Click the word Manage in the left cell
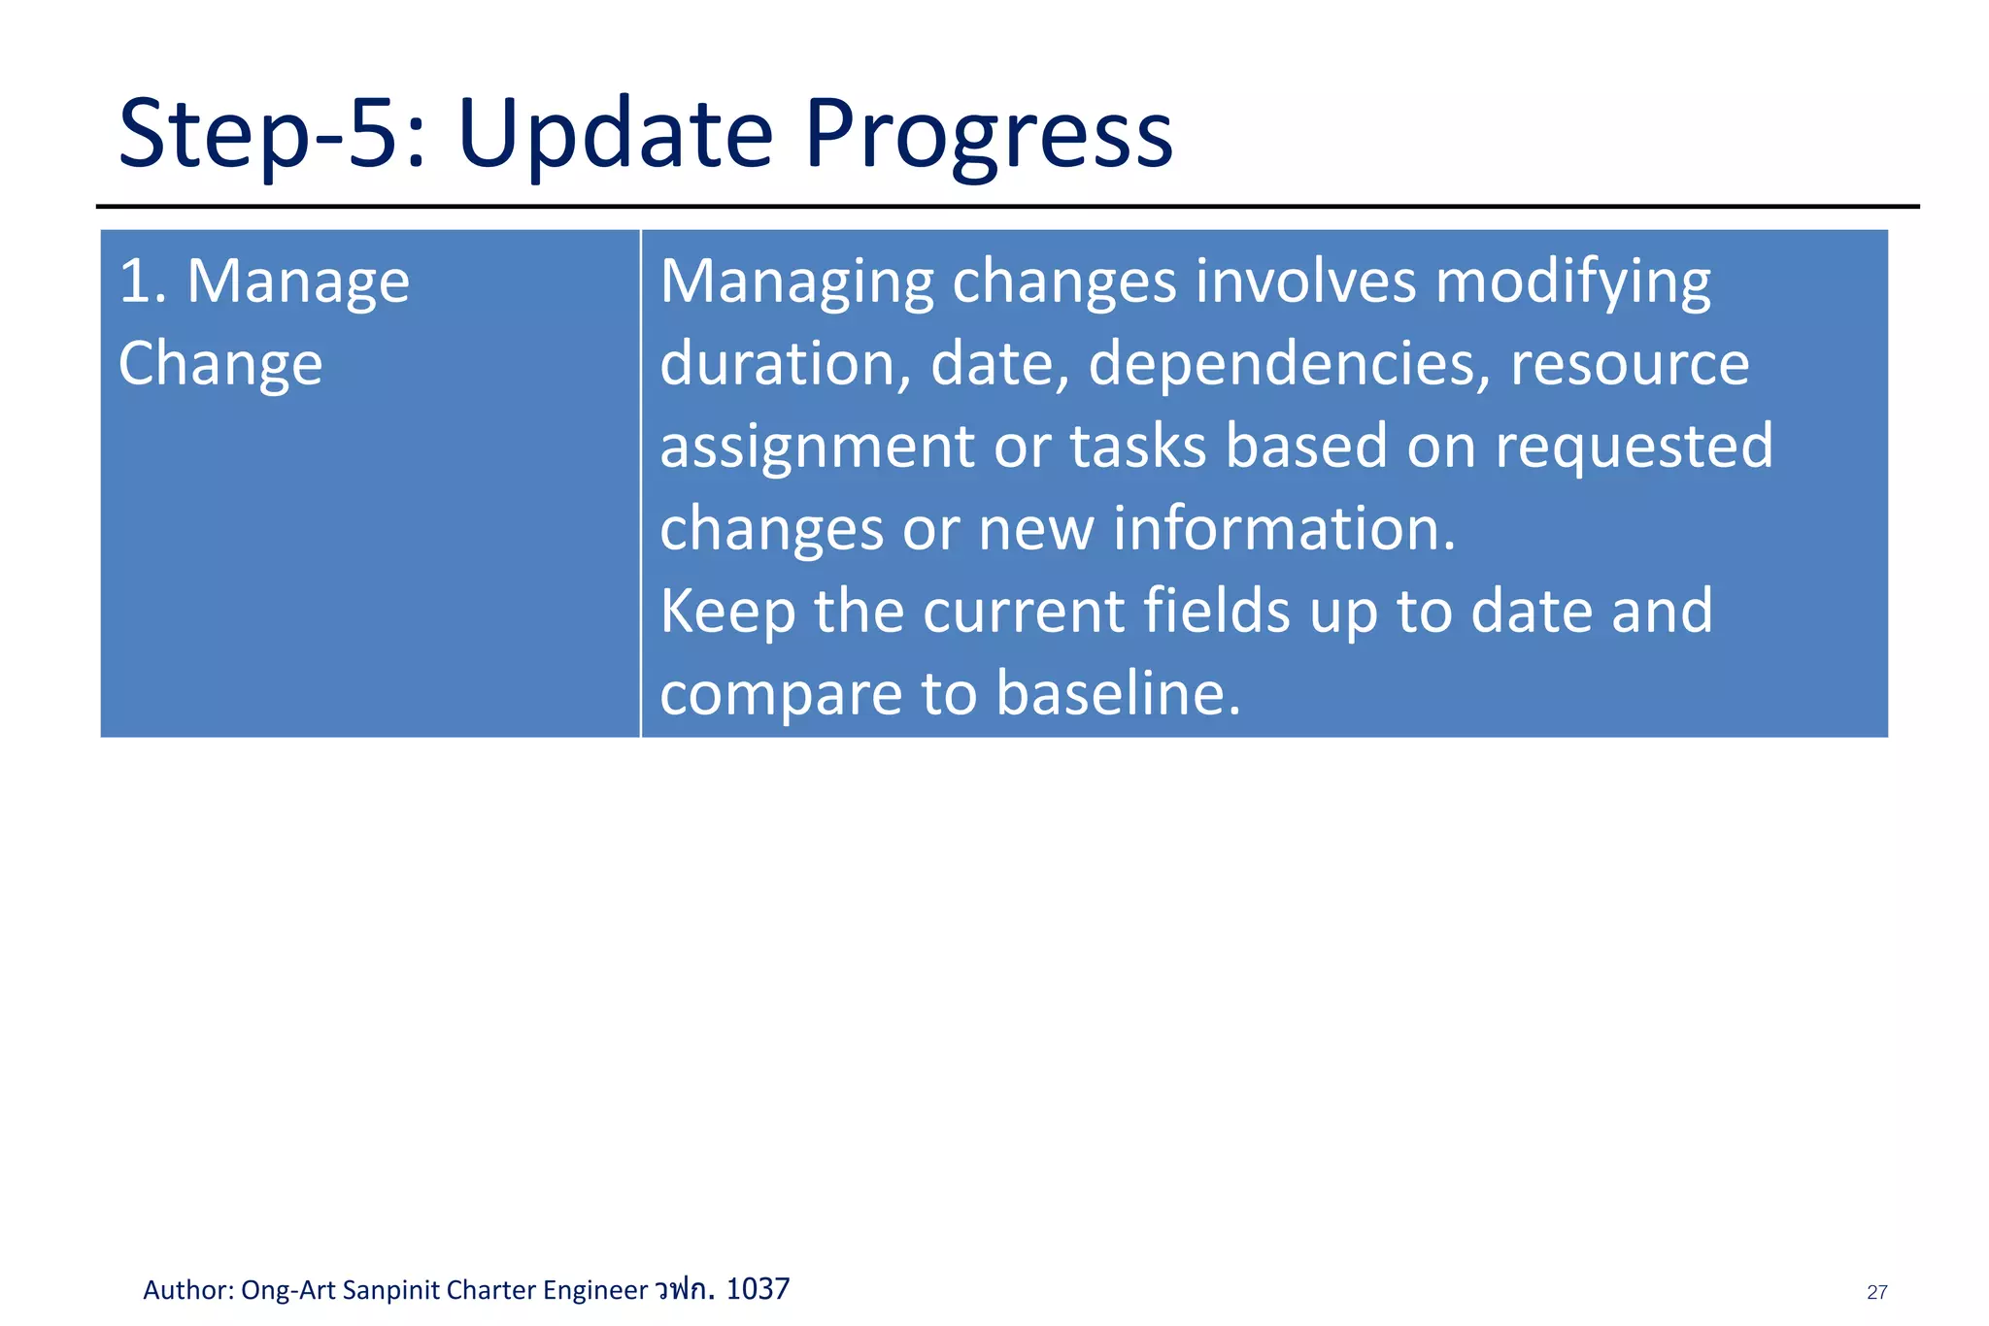(x=297, y=282)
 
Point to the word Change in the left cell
(x=219, y=364)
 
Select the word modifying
(x=1572, y=282)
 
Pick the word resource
(x=1629, y=364)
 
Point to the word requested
(x=1633, y=447)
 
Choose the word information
(x=1283, y=529)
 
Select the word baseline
(x=1118, y=694)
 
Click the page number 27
(x=1876, y=1292)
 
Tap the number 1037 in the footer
(x=758, y=1289)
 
